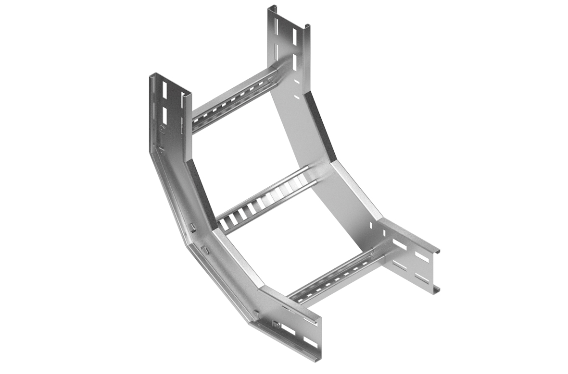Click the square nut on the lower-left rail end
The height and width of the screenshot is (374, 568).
point(276,325)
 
